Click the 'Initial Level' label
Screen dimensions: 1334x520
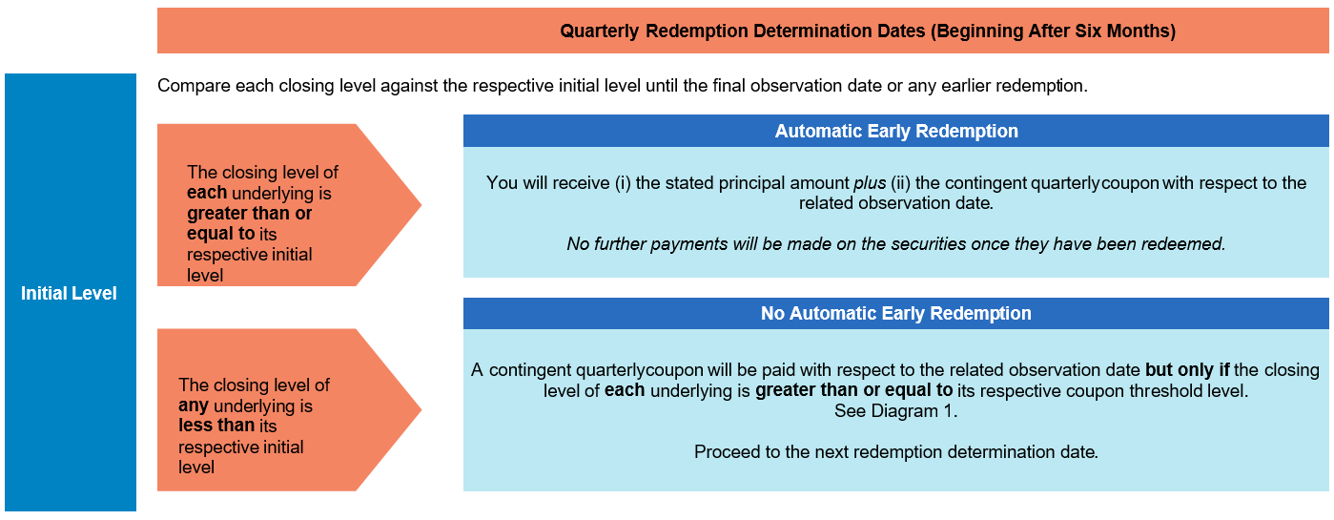coord(69,293)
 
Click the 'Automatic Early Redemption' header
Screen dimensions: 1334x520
coord(896,131)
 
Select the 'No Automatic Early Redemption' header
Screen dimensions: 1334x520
coord(895,313)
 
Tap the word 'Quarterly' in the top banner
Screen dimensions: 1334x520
coord(599,31)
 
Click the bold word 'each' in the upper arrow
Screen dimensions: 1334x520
coord(207,193)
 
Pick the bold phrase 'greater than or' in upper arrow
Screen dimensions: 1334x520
coord(249,213)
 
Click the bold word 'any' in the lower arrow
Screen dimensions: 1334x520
coord(193,406)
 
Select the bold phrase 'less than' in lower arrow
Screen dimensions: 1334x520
coord(216,426)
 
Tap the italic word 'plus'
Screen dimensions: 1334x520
coord(870,183)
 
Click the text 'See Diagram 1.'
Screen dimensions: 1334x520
coord(895,411)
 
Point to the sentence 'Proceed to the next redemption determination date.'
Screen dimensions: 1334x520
coord(895,452)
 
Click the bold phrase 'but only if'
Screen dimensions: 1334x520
coord(1187,370)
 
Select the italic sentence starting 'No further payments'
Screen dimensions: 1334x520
coord(895,243)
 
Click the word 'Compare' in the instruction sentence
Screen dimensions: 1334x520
coord(194,87)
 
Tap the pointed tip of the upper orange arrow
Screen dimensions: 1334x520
coord(421,205)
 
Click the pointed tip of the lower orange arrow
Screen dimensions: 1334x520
coord(421,410)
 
